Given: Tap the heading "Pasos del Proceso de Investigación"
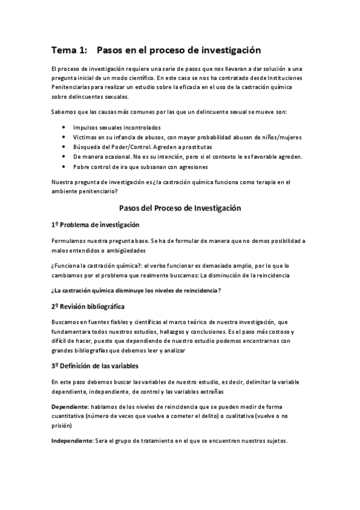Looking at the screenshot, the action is click(180, 208).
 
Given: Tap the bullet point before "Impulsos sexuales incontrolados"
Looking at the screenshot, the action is click(64, 127).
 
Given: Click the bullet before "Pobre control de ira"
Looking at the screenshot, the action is click(64, 167).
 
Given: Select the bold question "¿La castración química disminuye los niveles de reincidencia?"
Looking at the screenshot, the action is click(136, 290).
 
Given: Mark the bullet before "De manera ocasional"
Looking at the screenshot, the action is click(64, 156).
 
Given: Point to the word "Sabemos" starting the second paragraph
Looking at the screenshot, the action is click(64, 112).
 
